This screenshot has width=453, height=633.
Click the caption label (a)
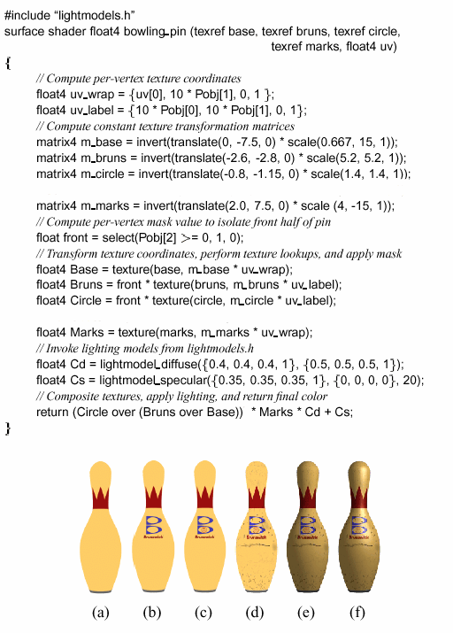[x=101, y=612]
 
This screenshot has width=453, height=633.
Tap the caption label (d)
[x=254, y=612]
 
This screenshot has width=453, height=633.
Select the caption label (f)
[x=357, y=612]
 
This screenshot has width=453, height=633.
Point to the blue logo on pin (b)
[x=153, y=525]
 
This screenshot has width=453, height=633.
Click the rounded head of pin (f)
[x=358, y=474]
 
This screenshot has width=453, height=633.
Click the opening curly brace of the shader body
[x=8, y=63]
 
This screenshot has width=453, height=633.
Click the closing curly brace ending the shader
[x=8, y=428]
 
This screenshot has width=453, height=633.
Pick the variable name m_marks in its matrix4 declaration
[x=105, y=206]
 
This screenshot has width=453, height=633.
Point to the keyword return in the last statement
[x=52, y=413]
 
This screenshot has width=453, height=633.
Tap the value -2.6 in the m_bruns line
[x=234, y=158]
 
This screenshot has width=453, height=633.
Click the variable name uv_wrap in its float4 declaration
[x=93, y=95]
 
